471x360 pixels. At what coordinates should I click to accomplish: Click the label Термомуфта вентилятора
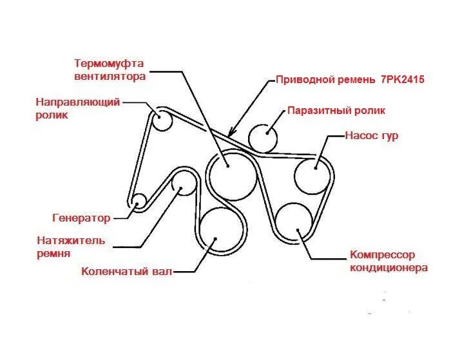[109, 70]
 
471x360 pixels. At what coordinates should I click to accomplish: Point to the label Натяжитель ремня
[71, 247]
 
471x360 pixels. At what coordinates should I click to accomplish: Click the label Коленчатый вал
[127, 271]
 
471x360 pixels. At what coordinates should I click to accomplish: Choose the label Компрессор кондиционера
[389, 261]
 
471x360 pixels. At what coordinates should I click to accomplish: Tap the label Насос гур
[372, 136]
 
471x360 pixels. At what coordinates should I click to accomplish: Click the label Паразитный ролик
[336, 110]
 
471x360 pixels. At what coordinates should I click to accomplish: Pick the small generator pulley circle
[137, 202]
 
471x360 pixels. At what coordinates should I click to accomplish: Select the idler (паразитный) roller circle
[263, 137]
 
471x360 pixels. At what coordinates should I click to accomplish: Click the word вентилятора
[109, 76]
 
